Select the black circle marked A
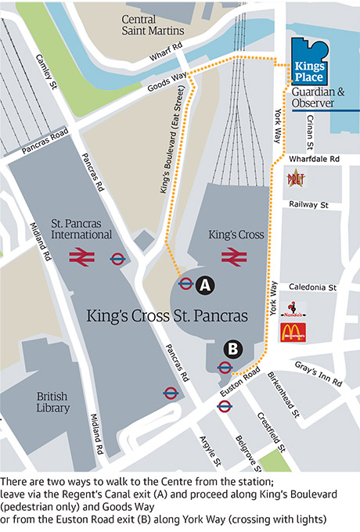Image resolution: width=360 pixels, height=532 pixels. [205, 286]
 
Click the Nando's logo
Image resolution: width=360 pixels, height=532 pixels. [293, 310]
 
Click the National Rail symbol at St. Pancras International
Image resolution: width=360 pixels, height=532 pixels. [81, 257]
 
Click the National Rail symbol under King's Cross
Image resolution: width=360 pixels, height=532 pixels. [232, 256]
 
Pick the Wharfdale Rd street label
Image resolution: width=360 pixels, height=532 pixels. [315, 160]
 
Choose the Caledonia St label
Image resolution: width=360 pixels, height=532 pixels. [312, 288]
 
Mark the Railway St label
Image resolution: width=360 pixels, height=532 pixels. [306, 204]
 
